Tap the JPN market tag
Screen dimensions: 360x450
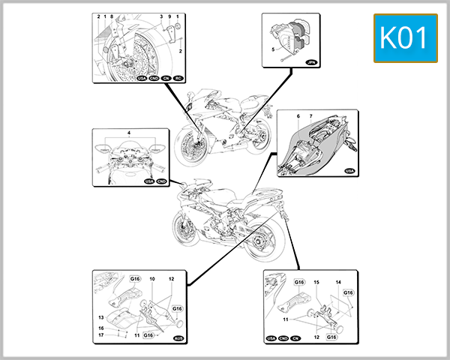pos(313,64)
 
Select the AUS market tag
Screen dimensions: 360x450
pos(178,339)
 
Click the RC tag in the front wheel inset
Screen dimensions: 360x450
pos(178,77)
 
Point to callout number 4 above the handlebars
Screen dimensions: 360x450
pos(129,133)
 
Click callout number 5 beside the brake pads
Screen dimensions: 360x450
pos(273,49)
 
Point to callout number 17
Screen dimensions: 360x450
pos(101,335)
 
